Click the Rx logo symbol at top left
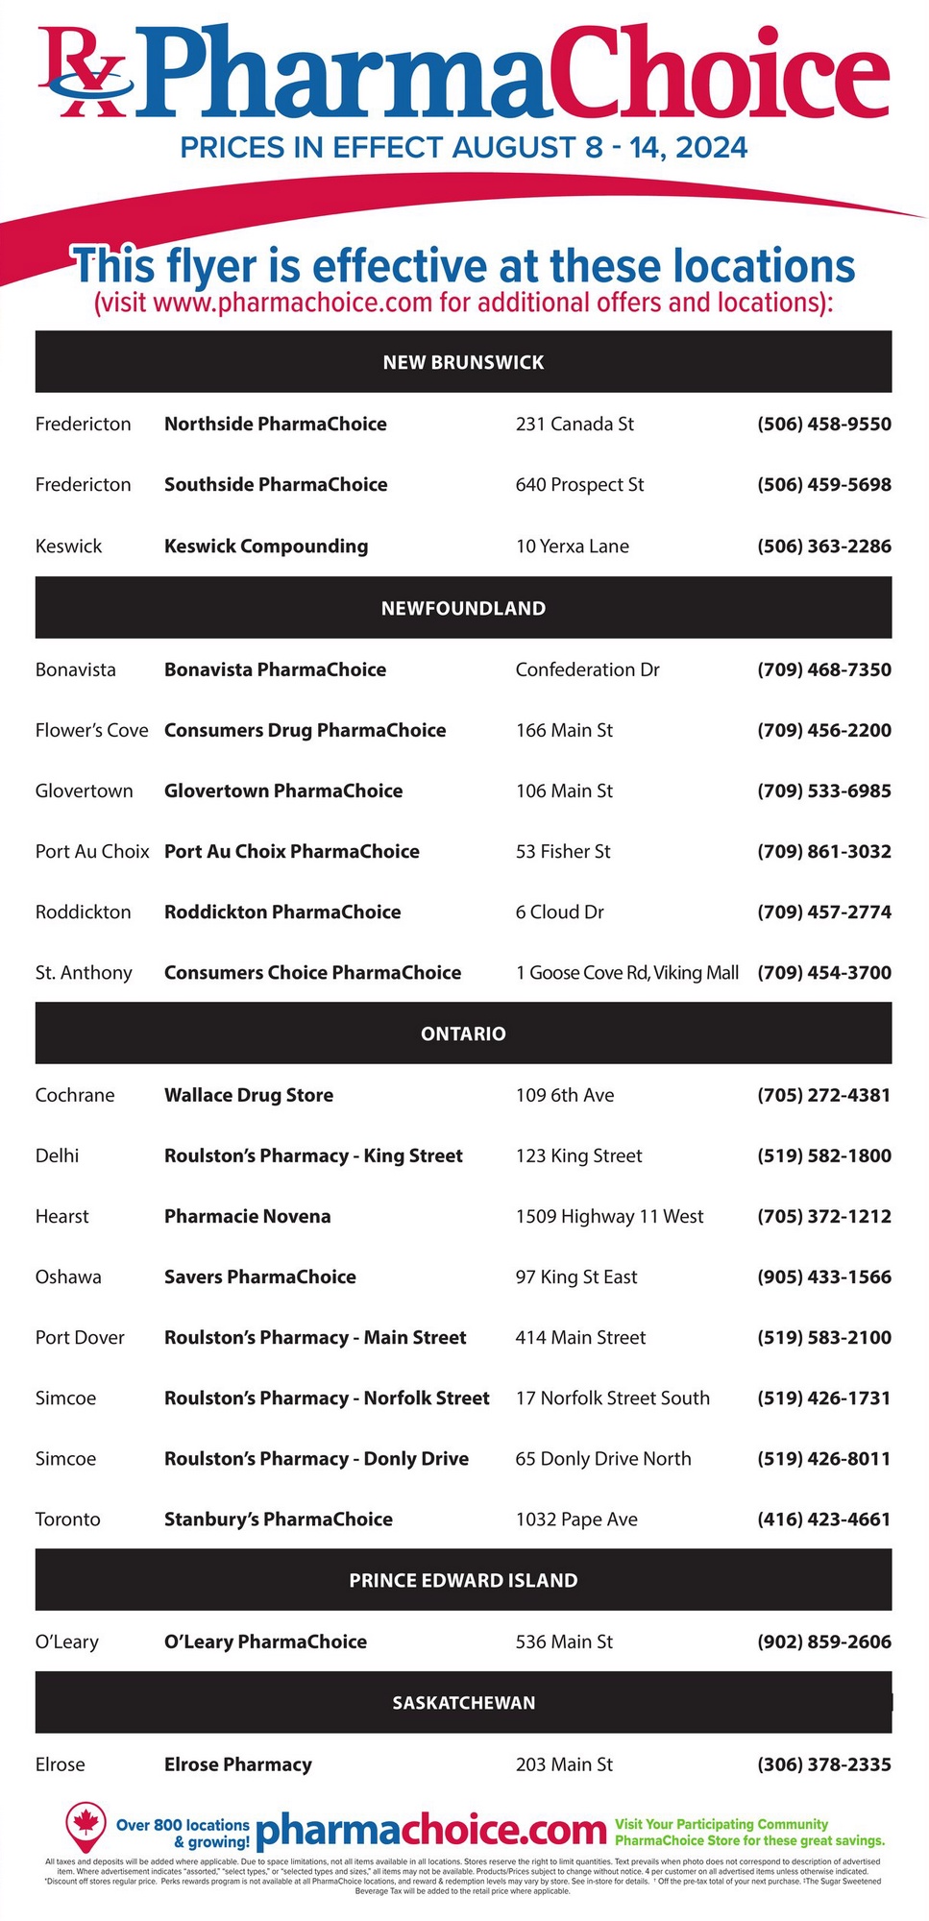(x=82, y=72)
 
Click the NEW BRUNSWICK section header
(x=463, y=362)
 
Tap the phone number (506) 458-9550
(x=823, y=424)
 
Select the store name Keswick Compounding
(x=266, y=546)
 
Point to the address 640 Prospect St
(x=579, y=484)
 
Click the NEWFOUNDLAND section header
(x=463, y=608)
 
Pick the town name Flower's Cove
(x=91, y=730)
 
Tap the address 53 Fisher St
(x=563, y=851)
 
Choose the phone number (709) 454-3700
(x=823, y=972)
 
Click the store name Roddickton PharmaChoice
(x=282, y=912)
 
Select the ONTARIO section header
(x=463, y=1033)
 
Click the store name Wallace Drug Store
(x=249, y=1095)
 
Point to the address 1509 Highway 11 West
(x=609, y=1216)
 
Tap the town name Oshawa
(x=68, y=1277)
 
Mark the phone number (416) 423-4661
(x=823, y=1519)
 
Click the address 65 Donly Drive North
(x=603, y=1458)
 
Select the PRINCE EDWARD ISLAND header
(x=463, y=1580)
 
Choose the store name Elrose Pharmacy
(x=238, y=1763)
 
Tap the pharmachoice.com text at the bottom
(x=431, y=1831)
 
